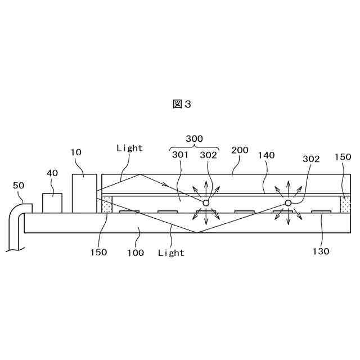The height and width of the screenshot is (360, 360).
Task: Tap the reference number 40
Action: (x=52, y=173)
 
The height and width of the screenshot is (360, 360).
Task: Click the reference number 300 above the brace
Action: (x=194, y=138)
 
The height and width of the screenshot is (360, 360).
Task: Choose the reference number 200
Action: (x=240, y=151)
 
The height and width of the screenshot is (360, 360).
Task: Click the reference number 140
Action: (x=267, y=155)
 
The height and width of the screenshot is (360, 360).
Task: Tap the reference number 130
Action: (x=321, y=251)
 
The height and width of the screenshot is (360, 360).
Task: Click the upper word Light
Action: (x=129, y=148)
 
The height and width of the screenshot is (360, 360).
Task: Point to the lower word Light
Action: (x=171, y=253)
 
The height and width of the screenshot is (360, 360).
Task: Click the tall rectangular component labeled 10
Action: (x=84, y=193)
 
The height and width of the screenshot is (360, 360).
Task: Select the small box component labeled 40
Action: (x=52, y=203)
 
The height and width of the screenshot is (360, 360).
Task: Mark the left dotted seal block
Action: (x=107, y=205)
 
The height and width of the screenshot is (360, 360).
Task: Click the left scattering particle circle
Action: (x=206, y=202)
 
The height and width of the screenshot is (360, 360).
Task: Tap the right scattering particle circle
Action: (x=287, y=202)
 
